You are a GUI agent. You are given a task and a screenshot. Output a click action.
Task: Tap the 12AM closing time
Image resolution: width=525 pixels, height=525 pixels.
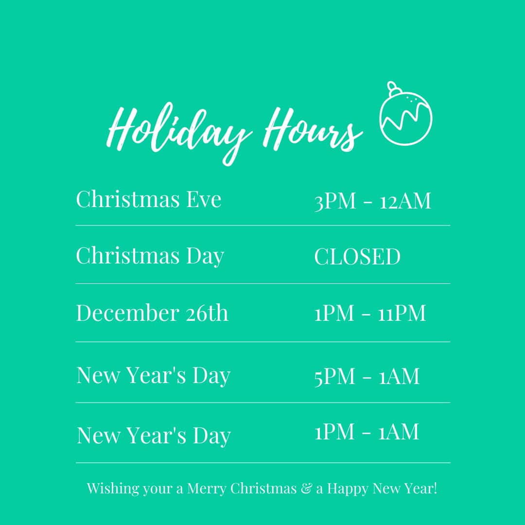[x=405, y=201]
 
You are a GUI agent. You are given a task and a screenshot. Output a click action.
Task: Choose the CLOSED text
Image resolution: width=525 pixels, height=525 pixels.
[x=357, y=257]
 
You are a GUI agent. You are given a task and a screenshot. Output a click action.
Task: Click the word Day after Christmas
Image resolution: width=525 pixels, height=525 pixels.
[x=205, y=257]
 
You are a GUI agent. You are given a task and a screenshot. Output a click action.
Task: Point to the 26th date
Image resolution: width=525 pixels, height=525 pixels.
[x=207, y=313]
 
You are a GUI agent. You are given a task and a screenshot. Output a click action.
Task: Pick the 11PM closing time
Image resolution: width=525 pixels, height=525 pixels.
[x=402, y=313]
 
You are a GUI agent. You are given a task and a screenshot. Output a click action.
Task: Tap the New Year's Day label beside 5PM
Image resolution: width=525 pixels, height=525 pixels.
[x=153, y=375]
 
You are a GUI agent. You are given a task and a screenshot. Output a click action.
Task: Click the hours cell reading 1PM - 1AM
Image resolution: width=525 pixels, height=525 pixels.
[x=367, y=432]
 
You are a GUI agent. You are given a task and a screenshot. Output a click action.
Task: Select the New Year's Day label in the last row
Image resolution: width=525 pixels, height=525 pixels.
[x=154, y=436]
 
